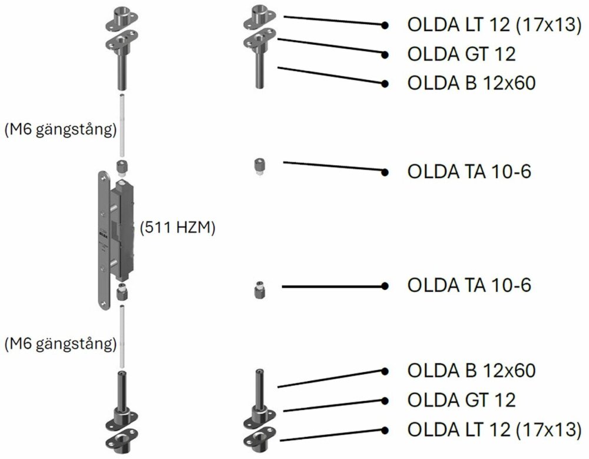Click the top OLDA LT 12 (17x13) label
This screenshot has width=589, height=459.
coord(493,25)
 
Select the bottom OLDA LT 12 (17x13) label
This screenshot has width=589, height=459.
coord(493,429)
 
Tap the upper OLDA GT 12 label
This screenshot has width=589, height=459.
coord(461,54)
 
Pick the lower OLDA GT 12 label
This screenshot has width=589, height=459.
coord(461,400)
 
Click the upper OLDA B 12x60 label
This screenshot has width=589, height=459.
coord(471,83)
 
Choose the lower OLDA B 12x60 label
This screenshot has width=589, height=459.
coord(471,371)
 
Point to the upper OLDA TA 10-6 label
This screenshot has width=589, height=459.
coord(469,172)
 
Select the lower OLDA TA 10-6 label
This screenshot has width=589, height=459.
coord(469,286)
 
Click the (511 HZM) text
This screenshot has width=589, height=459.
coord(177,228)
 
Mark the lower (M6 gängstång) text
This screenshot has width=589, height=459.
coord(59,343)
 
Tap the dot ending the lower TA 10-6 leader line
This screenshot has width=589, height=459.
coord(385,286)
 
